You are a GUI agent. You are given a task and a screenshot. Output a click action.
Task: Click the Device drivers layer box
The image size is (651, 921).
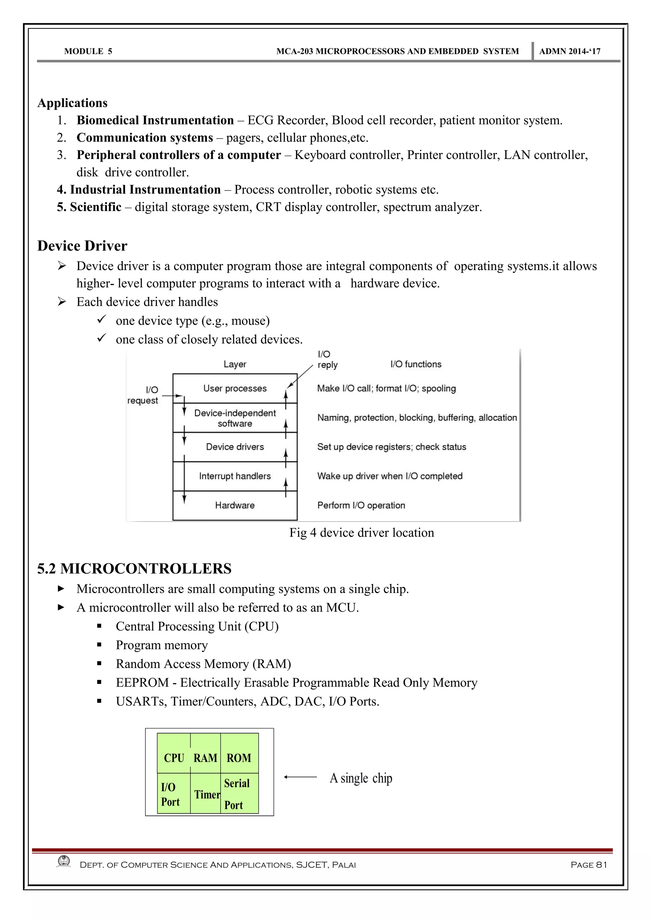tap(235, 447)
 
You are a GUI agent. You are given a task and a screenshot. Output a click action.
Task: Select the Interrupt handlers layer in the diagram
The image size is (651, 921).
tap(235, 476)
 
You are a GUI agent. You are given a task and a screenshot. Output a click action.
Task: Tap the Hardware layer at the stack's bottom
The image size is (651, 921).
tap(235, 505)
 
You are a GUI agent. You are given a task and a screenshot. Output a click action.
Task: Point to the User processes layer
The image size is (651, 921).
tap(235, 388)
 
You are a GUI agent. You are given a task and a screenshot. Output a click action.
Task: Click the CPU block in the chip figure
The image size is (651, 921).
tap(174, 758)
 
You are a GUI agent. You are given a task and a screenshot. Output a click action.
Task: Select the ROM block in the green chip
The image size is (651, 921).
tap(239, 758)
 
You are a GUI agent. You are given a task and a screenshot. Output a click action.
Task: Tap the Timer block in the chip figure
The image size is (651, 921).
tap(207, 794)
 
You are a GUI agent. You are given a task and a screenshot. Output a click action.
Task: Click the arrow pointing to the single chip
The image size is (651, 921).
tap(300, 777)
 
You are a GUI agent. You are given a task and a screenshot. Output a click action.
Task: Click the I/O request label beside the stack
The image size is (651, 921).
tap(143, 395)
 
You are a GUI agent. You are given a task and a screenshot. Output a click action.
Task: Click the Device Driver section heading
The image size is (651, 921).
tap(82, 245)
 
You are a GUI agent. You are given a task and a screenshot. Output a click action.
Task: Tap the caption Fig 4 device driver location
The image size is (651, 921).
tap(361, 533)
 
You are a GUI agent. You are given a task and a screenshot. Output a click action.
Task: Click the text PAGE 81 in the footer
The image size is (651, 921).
tap(588, 865)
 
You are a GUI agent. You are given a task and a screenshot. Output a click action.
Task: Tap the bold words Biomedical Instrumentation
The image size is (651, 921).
tap(155, 120)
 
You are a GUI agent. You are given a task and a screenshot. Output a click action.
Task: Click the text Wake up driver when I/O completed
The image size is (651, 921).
tap(389, 476)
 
